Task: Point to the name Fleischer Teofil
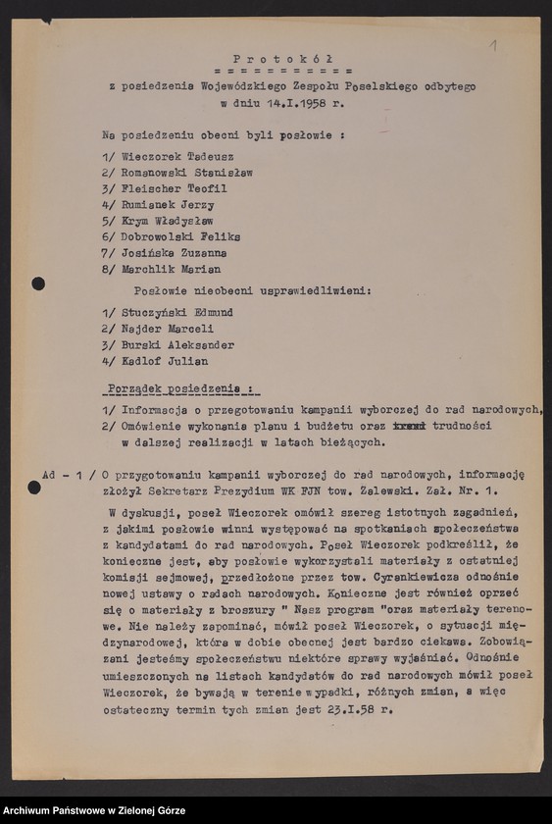tap(174, 188)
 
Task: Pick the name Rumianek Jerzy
tap(168, 205)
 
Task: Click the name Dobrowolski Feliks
tap(180, 236)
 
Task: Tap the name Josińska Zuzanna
tap(174, 253)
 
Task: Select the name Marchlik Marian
tap(171, 269)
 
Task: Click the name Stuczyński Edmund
tap(176, 312)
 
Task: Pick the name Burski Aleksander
tap(177, 345)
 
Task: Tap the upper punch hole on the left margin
tap(38, 283)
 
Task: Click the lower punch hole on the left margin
tap(34, 488)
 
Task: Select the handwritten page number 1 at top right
tap(493, 45)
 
